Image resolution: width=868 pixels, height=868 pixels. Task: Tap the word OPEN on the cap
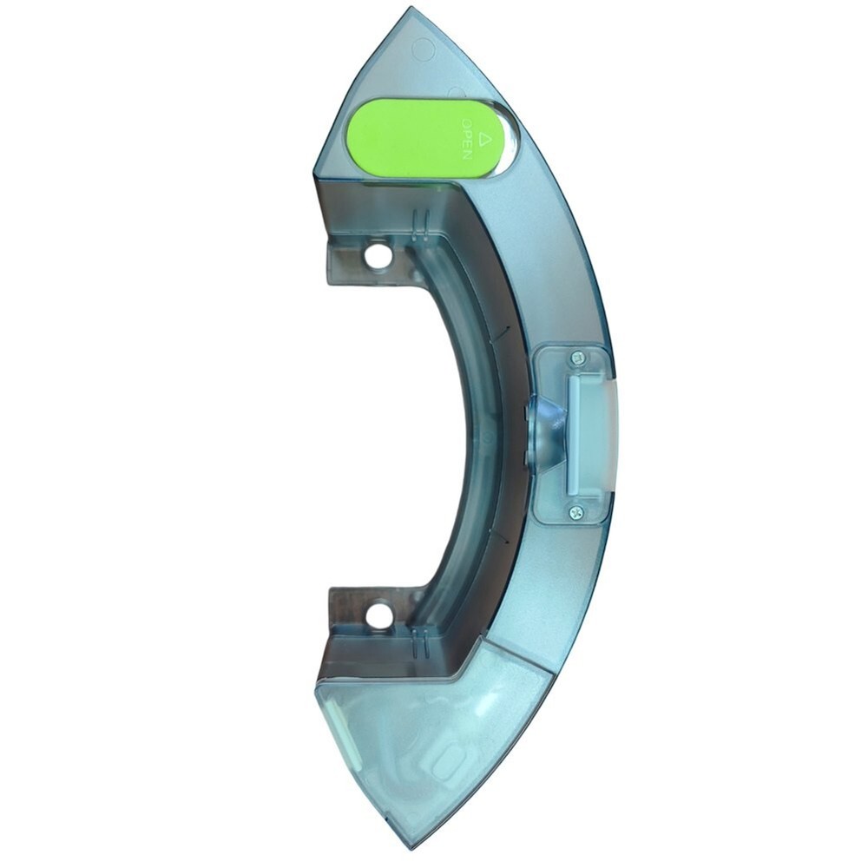click(x=467, y=141)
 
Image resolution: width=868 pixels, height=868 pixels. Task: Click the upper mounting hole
click(x=378, y=256)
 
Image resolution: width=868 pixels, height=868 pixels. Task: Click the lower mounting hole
click(x=378, y=617)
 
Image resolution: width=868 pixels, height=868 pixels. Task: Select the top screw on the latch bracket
click(x=576, y=357)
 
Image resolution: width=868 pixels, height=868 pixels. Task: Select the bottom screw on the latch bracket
click(x=576, y=513)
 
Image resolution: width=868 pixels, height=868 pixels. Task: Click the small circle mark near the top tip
click(x=423, y=49)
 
